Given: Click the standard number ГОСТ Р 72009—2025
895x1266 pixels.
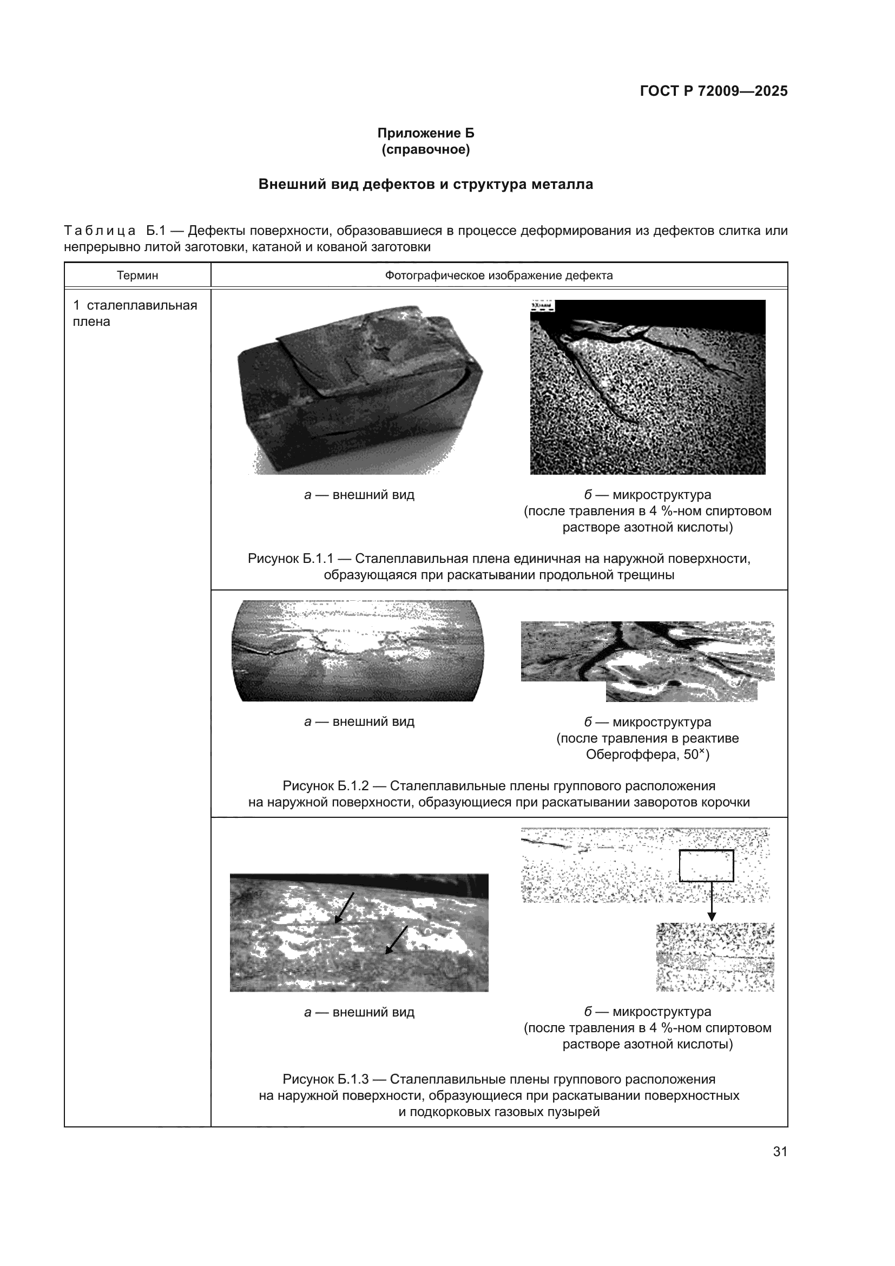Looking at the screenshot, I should (x=714, y=91).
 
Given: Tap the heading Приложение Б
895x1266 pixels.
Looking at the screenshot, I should (x=425, y=133).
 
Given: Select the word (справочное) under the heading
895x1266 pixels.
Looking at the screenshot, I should (x=425, y=149).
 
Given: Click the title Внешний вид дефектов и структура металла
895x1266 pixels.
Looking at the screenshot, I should (x=425, y=184).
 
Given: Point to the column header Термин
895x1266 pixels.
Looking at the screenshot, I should (x=137, y=275).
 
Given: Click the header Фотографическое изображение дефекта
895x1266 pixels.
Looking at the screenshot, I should (x=499, y=275).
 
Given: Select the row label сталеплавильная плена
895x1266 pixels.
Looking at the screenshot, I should (x=135, y=313).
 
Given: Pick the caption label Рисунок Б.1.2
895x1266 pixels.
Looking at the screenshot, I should (x=325, y=786).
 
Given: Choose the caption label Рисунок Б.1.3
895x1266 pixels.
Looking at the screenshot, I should (x=325, y=1079).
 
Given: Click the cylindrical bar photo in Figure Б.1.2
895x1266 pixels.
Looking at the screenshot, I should (x=358, y=651).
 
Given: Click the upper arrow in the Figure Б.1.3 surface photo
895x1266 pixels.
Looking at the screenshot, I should (x=345, y=907).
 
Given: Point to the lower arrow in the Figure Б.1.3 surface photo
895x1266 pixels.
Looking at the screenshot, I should (x=396, y=940).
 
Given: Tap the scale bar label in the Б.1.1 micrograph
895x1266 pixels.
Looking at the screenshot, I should (x=543, y=305).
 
